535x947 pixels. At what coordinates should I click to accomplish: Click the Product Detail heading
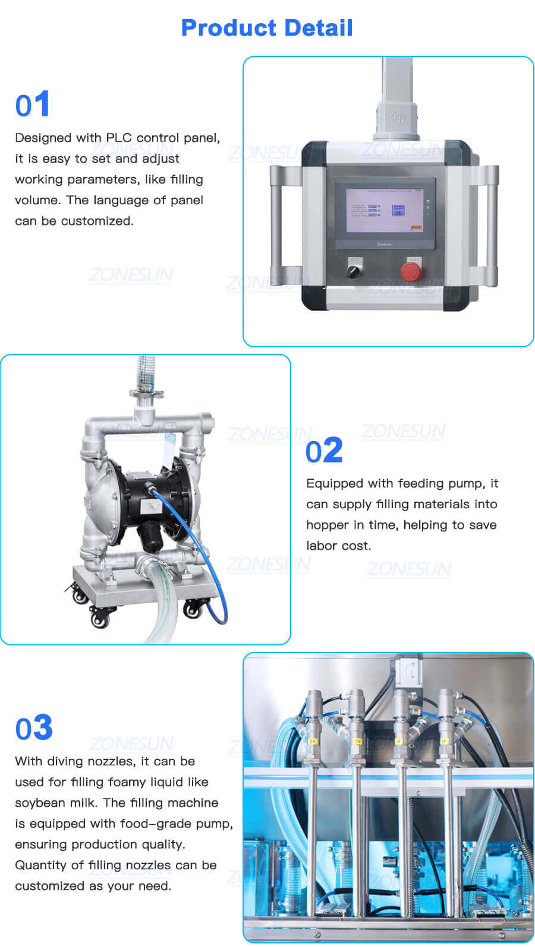click(267, 28)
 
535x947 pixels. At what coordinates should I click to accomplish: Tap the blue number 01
click(33, 105)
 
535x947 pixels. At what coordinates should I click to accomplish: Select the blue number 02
click(324, 451)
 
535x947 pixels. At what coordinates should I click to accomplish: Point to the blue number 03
click(34, 729)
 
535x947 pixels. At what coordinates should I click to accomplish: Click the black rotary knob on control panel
click(354, 271)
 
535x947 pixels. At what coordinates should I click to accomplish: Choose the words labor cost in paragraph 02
click(338, 546)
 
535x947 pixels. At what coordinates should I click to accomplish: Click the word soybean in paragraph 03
click(37, 803)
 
